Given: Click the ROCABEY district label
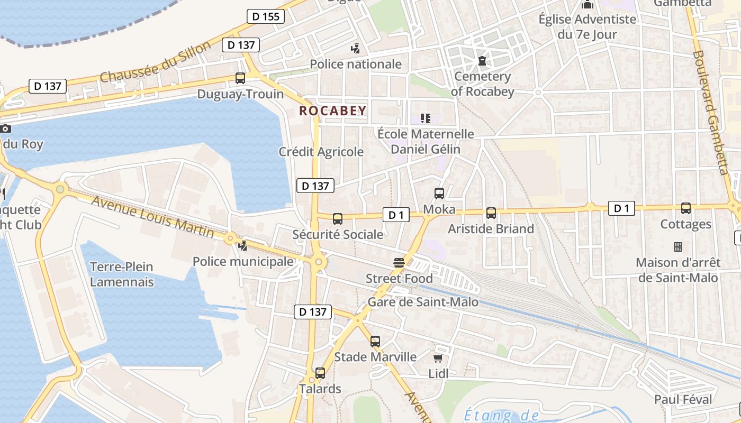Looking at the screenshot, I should [x=332, y=111].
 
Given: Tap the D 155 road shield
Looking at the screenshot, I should [x=266, y=16].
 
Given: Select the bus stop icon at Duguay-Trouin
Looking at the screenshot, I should [x=240, y=78].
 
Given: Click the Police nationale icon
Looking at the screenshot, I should [x=356, y=49].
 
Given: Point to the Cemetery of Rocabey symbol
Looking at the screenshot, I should [x=482, y=61].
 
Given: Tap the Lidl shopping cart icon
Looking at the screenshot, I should [x=438, y=358].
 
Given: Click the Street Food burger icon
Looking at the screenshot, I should [x=399, y=263].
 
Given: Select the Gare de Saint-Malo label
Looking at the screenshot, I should [x=423, y=302].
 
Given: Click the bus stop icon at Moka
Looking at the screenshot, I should [x=439, y=194].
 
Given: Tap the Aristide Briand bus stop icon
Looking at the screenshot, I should [x=491, y=213].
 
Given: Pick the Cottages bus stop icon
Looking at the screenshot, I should [x=686, y=208].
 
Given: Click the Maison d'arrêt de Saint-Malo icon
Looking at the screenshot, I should [x=677, y=246].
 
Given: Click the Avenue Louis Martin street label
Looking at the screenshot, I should [x=152, y=217].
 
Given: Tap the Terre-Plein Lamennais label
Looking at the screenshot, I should [x=122, y=274].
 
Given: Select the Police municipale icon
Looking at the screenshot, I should [x=243, y=245].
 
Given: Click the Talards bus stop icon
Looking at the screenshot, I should [x=320, y=373].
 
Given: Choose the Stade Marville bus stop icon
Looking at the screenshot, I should [x=375, y=342].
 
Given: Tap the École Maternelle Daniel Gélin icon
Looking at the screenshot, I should [x=426, y=118].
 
